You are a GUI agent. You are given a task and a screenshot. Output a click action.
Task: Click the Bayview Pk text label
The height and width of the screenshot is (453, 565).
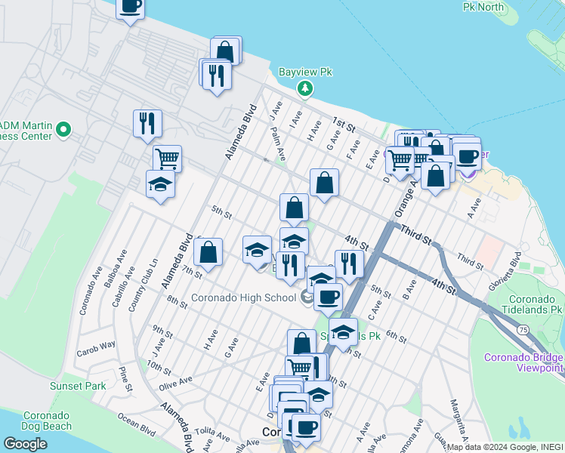[x=306, y=72]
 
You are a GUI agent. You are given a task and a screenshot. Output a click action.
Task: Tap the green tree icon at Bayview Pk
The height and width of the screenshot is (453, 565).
[x=305, y=89]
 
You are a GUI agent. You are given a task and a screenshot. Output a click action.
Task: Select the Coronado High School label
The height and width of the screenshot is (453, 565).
[x=242, y=297]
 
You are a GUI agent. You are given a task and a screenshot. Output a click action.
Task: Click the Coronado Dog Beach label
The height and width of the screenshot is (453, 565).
[x=46, y=421]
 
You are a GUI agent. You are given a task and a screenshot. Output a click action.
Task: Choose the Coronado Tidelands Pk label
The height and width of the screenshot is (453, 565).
[x=535, y=304]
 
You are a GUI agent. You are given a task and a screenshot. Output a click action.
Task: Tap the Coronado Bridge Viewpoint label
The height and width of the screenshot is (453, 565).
[x=523, y=362]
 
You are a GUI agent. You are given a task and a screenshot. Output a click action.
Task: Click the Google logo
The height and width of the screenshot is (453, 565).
[x=25, y=443]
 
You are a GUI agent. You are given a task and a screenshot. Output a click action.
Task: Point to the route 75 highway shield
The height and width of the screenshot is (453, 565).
[x=523, y=329]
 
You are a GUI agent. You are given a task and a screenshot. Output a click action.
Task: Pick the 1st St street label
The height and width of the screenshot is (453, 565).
[x=345, y=125]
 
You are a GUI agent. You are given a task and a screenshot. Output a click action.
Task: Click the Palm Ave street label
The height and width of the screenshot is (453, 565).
[x=278, y=143]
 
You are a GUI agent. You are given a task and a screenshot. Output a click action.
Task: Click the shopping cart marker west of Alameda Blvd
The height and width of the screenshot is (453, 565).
[x=168, y=158]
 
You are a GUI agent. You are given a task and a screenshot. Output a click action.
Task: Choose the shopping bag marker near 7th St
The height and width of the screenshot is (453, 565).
[x=208, y=251]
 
